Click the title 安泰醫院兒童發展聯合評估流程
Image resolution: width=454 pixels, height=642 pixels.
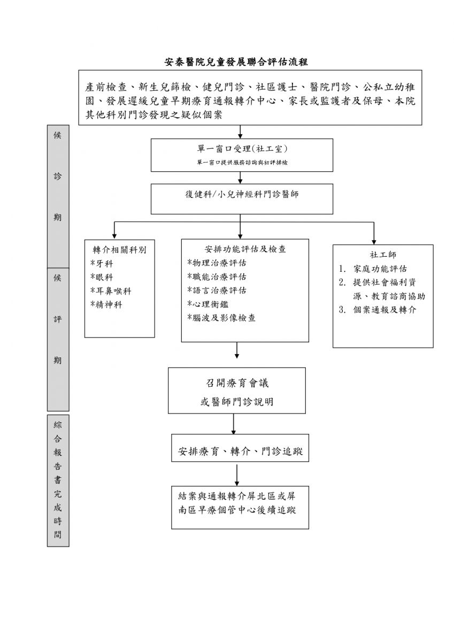click(236, 62)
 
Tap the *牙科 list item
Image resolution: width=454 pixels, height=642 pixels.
click(102, 264)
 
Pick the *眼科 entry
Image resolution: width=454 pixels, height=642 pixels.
click(102, 277)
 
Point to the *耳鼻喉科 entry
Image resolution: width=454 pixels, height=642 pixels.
click(111, 291)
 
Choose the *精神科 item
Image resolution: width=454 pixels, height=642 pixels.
click(106, 304)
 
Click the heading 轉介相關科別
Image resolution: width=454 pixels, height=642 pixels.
click(119, 250)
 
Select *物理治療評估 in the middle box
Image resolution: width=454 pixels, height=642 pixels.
click(217, 263)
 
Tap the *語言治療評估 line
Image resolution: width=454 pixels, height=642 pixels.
click(217, 291)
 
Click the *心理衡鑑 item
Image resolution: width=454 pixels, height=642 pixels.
click(207, 304)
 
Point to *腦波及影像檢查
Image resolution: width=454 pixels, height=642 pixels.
click(221, 318)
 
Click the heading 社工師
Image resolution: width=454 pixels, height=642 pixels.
click(382, 255)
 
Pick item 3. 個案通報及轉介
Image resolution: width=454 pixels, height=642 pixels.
click(377, 310)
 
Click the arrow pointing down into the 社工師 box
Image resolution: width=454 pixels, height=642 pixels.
click(373, 234)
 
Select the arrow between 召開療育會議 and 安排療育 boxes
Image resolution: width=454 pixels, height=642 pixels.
click(234, 424)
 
